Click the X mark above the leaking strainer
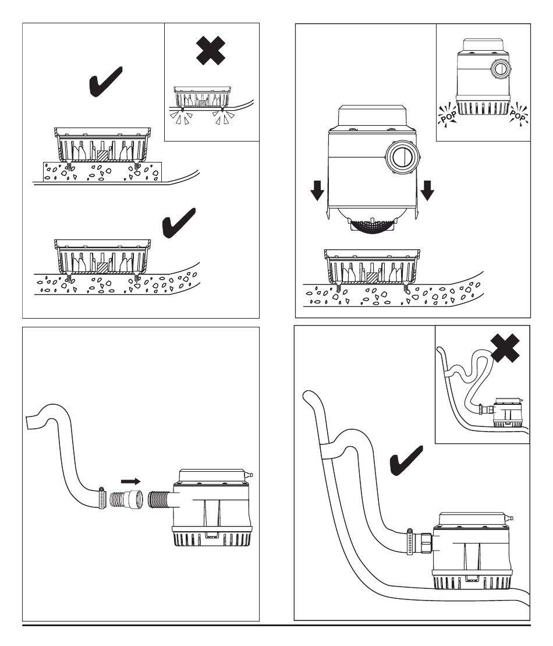(x=212, y=51)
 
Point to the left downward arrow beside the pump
(x=316, y=189)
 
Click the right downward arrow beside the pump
(x=428, y=189)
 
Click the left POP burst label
(x=448, y=112)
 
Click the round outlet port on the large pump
(x=402, y=157)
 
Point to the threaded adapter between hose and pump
(x=125, y=500)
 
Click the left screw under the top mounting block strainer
(x=70, y=166)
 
